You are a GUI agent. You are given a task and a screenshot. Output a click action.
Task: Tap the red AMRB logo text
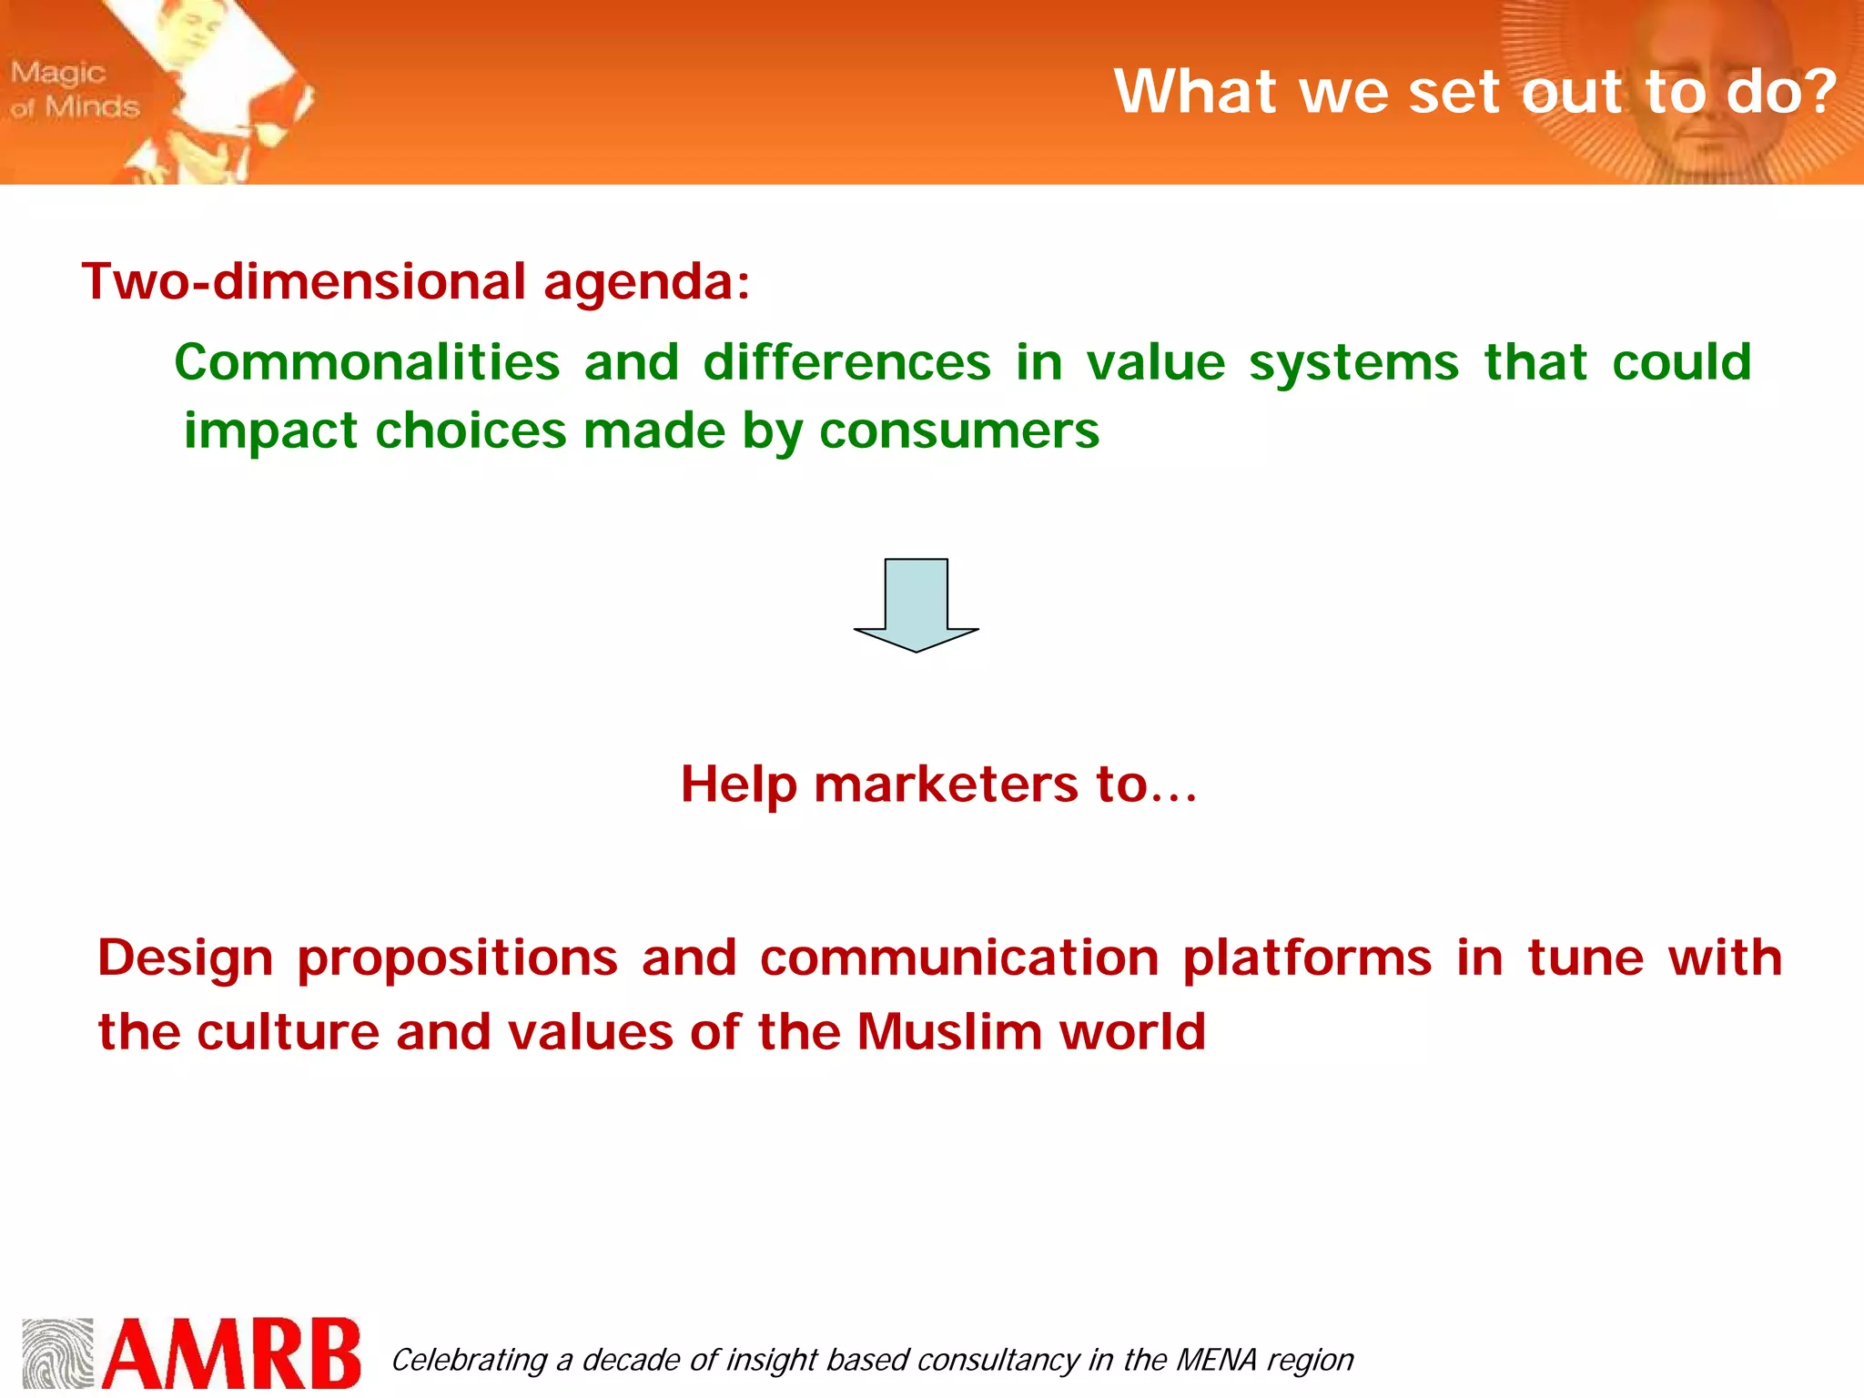[232, 1353]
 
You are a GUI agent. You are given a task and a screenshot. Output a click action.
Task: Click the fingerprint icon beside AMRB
[57, 1353]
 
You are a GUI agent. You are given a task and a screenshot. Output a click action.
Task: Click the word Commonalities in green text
[367, 362]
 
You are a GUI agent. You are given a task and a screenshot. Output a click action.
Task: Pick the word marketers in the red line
[945, 784]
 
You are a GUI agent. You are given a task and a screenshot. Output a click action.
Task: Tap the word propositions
[457, 959]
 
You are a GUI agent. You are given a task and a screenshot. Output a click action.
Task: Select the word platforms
[1307, 959]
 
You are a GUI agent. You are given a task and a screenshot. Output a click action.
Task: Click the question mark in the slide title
[1817, 91]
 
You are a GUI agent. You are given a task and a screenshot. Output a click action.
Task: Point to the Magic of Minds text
[75, 89]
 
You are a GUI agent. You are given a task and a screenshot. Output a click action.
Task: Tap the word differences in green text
[846, 362]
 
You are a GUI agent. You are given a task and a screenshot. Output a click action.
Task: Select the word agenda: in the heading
[646, 283]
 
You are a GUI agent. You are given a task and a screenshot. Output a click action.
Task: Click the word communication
[959, 957]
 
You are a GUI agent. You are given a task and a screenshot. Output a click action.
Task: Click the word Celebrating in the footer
[469, 1360]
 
